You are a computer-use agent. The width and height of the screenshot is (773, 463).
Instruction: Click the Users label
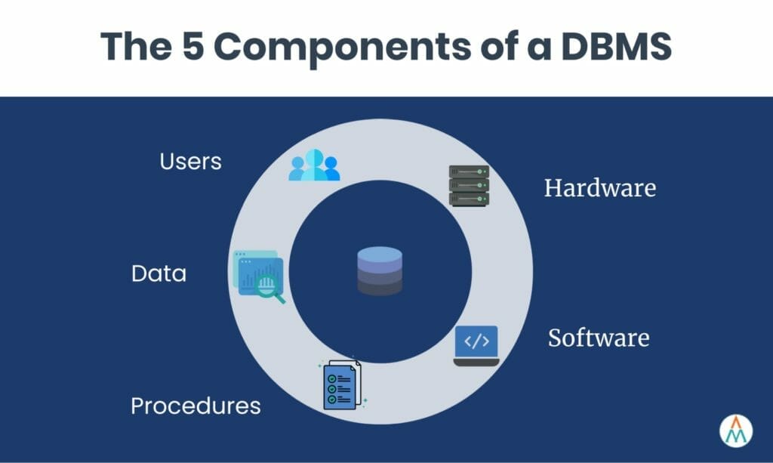(190, 161)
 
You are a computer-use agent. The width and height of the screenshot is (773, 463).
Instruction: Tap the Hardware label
(599, 187)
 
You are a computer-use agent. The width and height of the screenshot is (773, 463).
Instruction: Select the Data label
(159, 273)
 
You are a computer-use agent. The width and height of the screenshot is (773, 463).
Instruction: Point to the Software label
(598, 337)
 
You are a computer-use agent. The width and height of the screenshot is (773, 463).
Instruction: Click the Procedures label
(196, 406)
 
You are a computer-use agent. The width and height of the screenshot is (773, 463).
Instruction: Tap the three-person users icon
(314, 165)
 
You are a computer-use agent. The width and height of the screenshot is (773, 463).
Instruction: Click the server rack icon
(469, 185)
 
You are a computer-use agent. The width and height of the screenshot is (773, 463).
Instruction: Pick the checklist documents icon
(342, 384)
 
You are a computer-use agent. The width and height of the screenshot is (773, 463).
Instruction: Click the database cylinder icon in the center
(380, 271)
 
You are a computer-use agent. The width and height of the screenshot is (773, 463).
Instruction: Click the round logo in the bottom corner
(736, 430)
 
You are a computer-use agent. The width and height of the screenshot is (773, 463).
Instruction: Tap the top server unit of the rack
(469, 171)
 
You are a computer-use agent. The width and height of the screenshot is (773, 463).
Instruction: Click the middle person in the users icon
(314, 164)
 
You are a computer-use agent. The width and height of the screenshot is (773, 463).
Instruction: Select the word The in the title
(137, 46)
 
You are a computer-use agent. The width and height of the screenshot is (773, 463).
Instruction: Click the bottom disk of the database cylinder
(380, 287)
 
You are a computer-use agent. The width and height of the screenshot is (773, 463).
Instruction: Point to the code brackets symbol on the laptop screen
(476, 341)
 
